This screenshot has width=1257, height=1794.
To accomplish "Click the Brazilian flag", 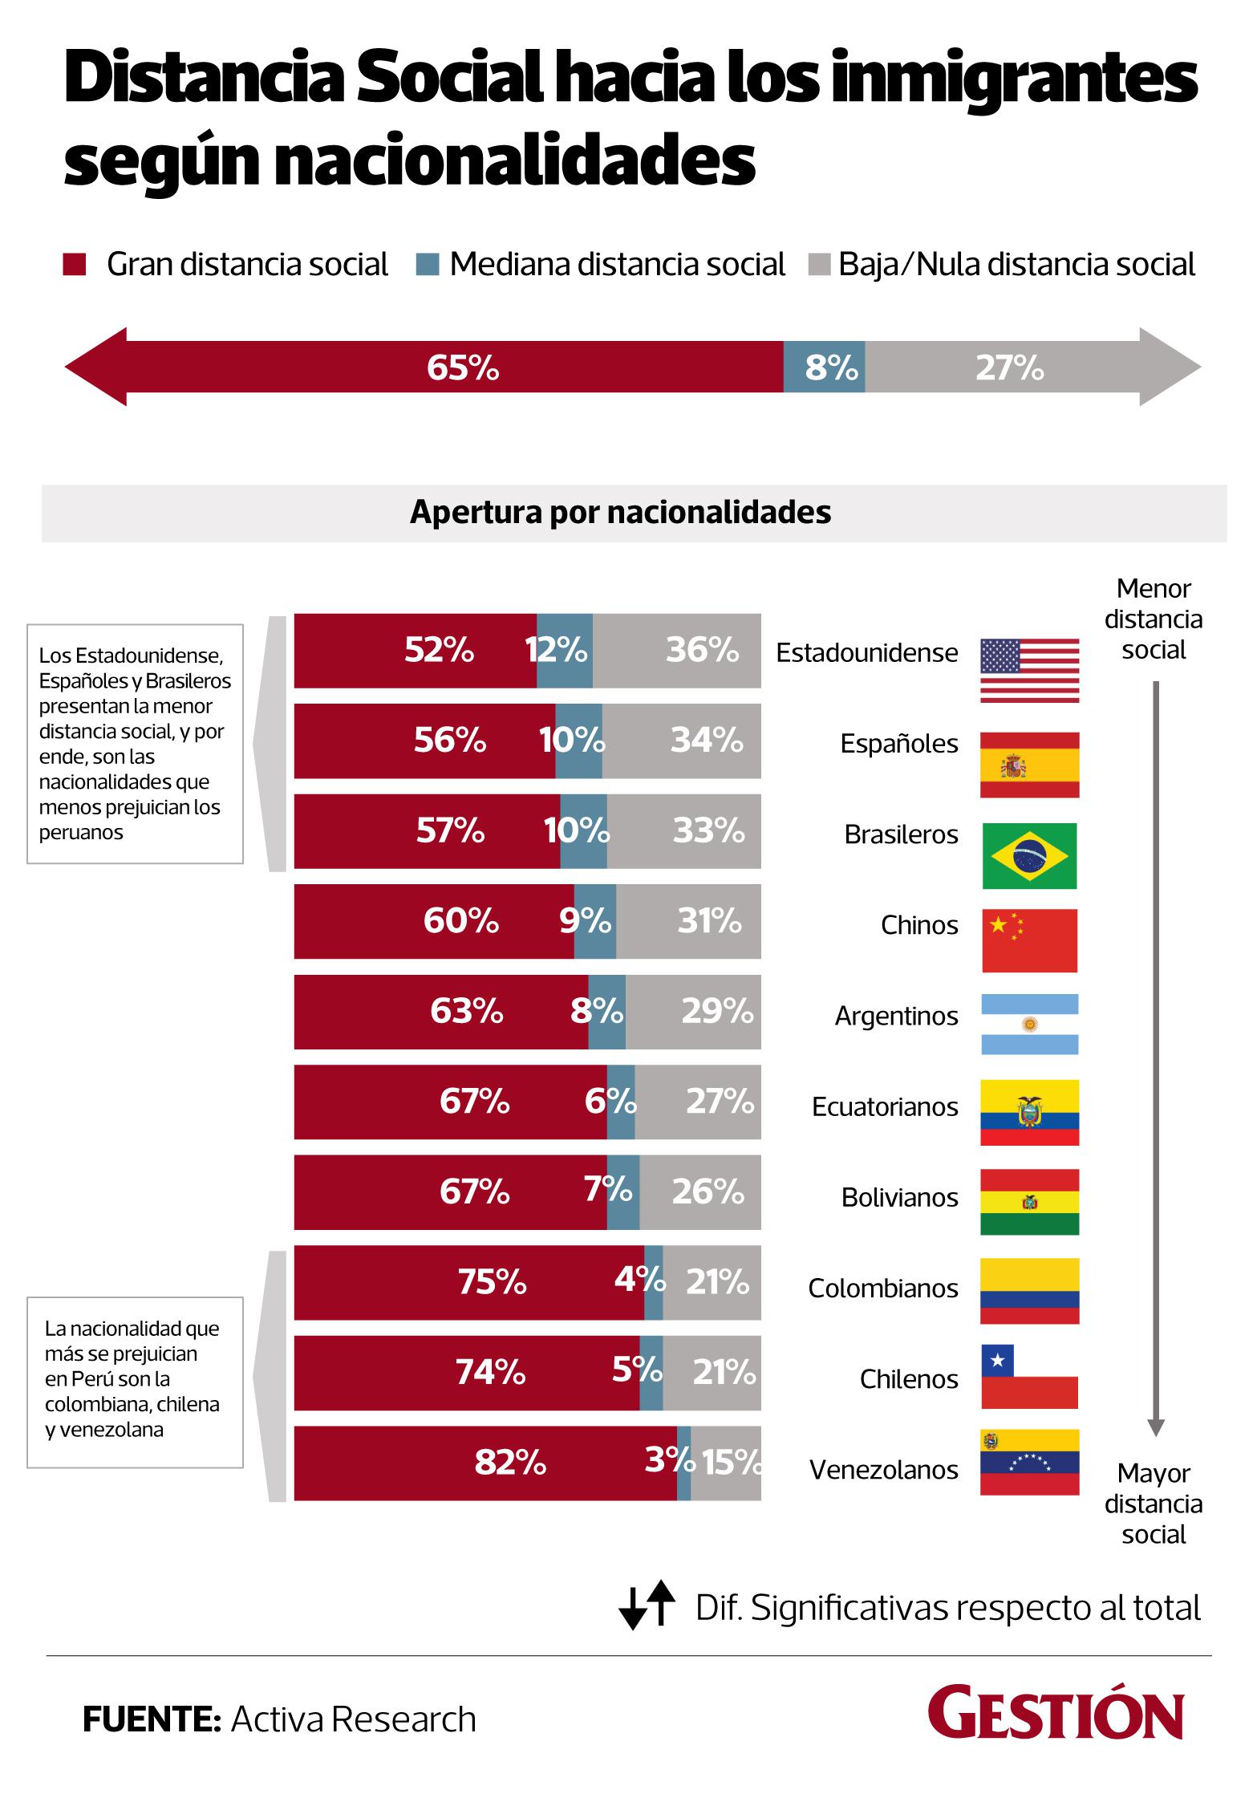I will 1029,855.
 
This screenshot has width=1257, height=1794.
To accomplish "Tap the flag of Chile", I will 1029,1377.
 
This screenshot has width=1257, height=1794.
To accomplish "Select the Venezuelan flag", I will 1029,1462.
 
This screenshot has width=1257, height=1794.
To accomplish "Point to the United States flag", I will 1029,671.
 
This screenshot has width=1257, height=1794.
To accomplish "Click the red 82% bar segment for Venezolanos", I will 485,1463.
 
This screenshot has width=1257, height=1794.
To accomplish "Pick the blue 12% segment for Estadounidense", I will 565,651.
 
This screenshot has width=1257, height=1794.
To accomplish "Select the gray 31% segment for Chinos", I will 688,921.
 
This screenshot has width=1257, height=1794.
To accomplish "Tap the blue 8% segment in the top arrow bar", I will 824,367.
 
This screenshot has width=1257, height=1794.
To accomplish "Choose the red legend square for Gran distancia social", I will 75,265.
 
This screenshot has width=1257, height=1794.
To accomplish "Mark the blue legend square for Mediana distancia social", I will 428,265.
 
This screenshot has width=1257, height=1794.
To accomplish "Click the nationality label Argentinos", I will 896,1016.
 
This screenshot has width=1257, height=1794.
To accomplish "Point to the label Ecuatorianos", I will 885,1106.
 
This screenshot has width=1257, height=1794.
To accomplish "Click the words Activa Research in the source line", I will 354,1719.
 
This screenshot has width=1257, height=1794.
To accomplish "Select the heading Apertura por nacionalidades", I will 620,512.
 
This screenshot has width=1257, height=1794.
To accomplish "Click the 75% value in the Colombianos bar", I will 492,1282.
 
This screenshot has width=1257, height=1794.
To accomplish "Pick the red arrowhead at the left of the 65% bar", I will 96,367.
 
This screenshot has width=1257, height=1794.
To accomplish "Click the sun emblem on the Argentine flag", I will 1030,1025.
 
